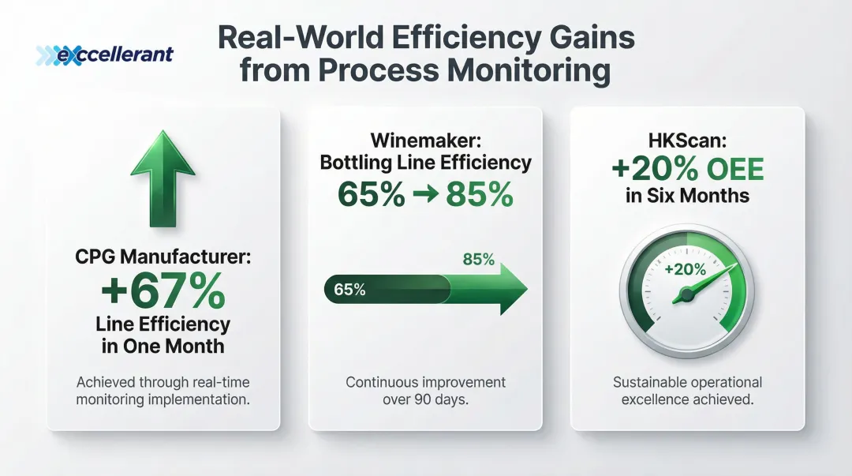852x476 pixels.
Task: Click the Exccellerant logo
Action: point(105,55)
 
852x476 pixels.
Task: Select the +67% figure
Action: point(163,291)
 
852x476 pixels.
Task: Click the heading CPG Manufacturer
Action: point(163,257)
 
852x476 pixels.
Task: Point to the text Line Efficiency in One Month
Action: point(163,335)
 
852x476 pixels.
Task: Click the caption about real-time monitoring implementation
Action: point(163,391)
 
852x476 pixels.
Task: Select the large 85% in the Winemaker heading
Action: point(479,194)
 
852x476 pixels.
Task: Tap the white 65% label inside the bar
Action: point(349,290)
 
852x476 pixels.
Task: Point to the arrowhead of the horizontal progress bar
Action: point(506,289)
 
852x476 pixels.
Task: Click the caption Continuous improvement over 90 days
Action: point(425,391)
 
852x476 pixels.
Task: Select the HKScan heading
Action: point(687,141)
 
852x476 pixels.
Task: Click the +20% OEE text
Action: point(687,168)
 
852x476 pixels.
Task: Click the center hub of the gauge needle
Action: point(686,294)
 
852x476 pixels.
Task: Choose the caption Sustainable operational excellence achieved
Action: point(687,391)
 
